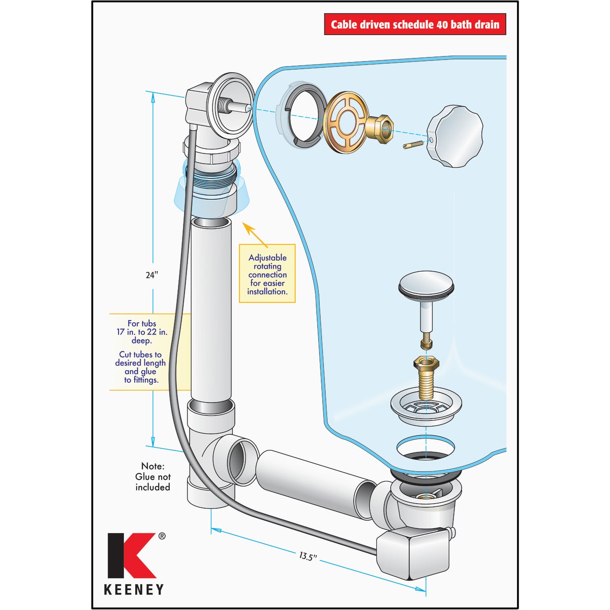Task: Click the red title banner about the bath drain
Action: pos(415,24)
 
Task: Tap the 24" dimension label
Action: pos(151,275)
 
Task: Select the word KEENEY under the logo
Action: pos(134,590)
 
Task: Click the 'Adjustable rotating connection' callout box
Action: pos(267,274)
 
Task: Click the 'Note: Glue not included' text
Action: pos(152,477)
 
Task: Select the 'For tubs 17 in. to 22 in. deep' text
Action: pos(141,332)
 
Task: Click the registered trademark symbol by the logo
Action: pos(162,536)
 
